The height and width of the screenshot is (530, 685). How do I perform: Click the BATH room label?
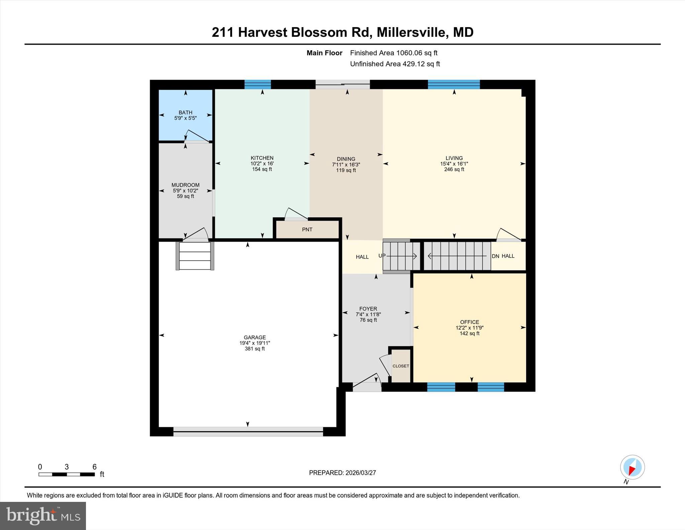[x=185, y=112]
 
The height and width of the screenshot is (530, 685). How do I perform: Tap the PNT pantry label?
[x=307, y=230]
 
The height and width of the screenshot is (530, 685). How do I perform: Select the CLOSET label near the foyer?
[x=401, y=366]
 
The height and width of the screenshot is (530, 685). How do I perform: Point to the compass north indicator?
[x=632, y=467]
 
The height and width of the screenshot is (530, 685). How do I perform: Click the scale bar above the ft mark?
[x=67, y=474]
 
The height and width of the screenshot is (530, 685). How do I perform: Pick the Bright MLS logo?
[x=43, y=516]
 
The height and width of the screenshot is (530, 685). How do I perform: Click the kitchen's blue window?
[x=258, y=84]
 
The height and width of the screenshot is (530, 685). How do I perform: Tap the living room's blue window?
[x=454, y=84]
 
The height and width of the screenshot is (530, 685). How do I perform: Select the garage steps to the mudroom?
[x=195, y=256]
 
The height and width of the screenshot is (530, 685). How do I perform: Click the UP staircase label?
[x=382, y=256]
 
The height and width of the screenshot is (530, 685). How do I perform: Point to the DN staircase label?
[x=495, y=256]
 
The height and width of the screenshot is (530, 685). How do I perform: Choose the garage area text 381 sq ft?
[x=255, y=349]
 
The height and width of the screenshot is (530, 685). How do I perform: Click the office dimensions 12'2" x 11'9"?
[x=470, y=328]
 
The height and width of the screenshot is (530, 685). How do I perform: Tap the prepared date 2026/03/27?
[x=361, y=473]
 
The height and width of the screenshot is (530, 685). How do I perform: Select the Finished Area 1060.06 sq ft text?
[x=394, y=53]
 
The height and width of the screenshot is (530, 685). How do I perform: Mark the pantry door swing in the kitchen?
[x=296, y=214]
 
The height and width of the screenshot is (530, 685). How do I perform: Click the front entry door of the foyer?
[x=367, y=382]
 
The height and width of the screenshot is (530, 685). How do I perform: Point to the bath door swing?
[x=197, y=136]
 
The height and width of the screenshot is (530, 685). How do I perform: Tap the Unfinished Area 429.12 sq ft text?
[x=395, y=64]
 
